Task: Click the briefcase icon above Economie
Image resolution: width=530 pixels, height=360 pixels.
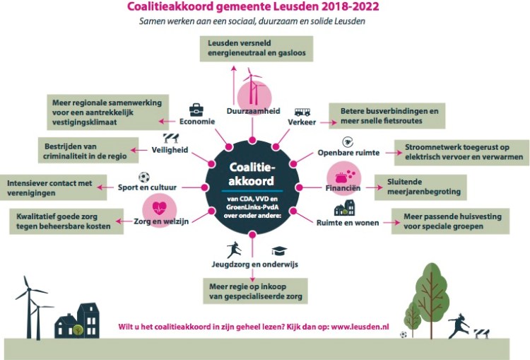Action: pyautogui.click(x=196, y=110)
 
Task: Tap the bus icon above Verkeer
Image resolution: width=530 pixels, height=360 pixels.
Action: pyautogui.click(x=302, y=112)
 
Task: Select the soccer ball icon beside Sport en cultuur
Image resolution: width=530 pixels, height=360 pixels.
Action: pyautogui.click(x=144, y=177)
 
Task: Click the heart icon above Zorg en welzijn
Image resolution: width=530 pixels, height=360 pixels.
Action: pyautogui.click(x=160, y=208)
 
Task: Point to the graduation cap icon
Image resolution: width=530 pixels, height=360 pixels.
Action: pyautogui.click(x=280, y=250)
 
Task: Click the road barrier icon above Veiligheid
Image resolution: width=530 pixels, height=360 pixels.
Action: pyautogui.click(x=171, y=138)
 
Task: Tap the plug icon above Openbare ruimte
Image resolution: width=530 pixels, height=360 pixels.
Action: pyautogui.click(x=348, y=142)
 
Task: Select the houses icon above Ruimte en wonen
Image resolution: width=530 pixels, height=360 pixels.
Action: pyautogui.click(x=344, y=208)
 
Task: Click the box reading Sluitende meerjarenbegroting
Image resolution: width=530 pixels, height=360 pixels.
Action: pyautogui.click(x=420, y=187)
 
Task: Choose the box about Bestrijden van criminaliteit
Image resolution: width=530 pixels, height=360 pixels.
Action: pyautogui.click(x=88, y=150)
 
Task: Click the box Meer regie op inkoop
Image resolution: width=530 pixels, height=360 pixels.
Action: pyautogui.click(x=255, y=291)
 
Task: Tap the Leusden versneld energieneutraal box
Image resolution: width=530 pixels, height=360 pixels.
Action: pyautogui.click(x=257, y=49)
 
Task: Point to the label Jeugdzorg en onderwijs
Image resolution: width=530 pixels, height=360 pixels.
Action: pyautogui.click(x=255, y=265)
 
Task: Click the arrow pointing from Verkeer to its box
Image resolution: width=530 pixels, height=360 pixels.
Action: pyautogui.click(x=329, y=122)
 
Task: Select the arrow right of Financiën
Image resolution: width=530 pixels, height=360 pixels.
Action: pyautogui.click(x=374, y=187)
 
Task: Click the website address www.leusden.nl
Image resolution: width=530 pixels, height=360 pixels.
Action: pyautogui.click(x=360, y=327)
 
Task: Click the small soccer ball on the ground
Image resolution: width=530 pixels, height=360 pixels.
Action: pyautogui.click(x=404, y=335)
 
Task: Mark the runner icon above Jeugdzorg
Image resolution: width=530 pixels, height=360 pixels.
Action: pyautogui.click(x=234, y=250)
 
